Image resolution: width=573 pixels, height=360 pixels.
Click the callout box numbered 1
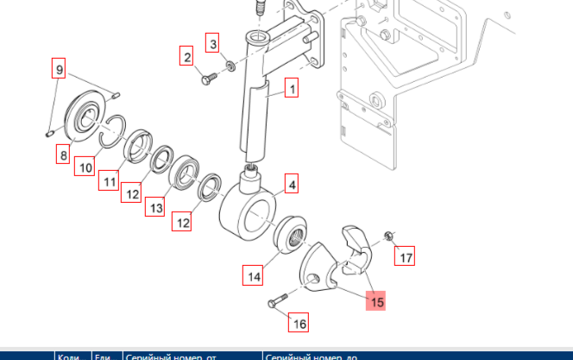point(292,88)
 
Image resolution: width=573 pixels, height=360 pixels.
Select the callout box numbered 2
point(186,58)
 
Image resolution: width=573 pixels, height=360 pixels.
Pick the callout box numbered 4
point(292,185)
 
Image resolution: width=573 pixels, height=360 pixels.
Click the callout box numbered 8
point(63,155)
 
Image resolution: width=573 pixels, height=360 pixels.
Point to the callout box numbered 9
point(59,69)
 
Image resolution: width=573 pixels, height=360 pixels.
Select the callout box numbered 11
point(108,181)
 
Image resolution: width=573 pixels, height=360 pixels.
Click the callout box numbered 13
point(155,207)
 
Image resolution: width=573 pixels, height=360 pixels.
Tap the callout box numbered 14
point(253,276)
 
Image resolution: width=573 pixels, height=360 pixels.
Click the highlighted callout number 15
point(376,301)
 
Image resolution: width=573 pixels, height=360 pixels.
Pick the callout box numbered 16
point(299,324)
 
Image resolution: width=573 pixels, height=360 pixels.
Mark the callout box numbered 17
point(406,256)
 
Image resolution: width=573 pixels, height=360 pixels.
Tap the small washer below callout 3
point(230,66)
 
